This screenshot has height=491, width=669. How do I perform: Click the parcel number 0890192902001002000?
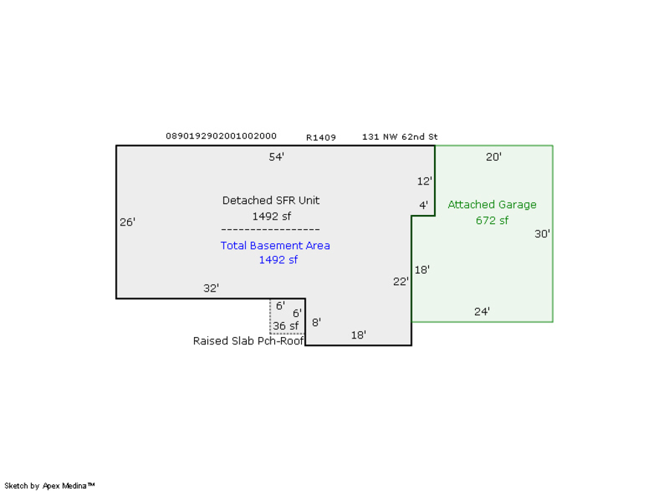click(221, 136)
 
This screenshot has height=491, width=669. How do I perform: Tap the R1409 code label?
click(321, 138)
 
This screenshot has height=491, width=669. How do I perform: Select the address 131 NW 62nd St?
click(400, 137)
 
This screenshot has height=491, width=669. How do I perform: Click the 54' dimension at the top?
click(277, 157)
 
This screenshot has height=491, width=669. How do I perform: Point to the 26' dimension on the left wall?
click(128, 222)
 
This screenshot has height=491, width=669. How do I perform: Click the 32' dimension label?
click(211, 288)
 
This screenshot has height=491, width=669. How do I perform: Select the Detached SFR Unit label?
click(271, 200)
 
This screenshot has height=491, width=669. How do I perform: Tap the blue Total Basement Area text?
click(275, 245)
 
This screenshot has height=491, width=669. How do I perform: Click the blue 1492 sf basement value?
click(278, 260)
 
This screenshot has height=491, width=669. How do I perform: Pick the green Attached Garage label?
click(492, 205)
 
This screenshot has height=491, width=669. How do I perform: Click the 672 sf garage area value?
click(492, 220)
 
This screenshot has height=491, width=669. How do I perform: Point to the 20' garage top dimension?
click(494, 157)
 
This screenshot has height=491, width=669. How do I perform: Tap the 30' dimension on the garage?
click(542, 234)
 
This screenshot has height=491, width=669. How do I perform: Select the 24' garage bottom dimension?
click(482, 312)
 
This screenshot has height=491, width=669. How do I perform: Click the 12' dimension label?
click(424, 181)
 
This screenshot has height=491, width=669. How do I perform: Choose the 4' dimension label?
click(424, 205)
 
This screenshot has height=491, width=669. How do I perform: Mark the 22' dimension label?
click(401, 281)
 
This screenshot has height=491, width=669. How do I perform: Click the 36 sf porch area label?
click(285, 326)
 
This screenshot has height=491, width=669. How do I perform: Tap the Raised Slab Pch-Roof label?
click(248, 341)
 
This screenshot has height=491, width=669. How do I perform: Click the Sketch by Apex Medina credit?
click(49, 486)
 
